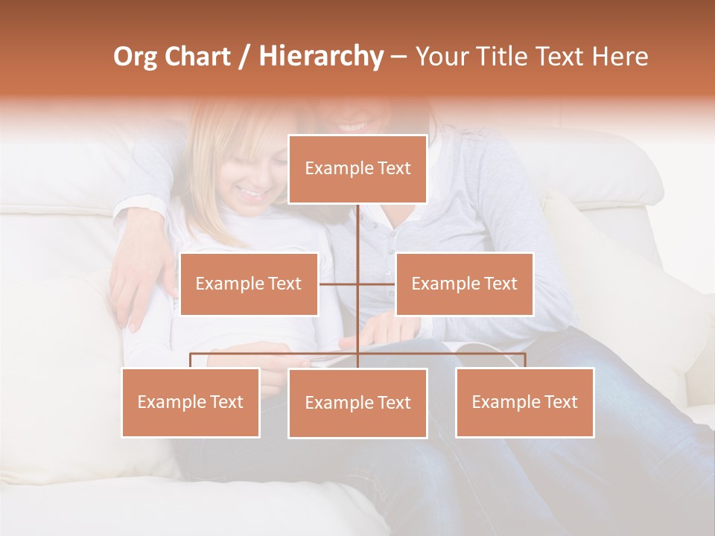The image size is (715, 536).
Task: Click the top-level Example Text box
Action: [x=357, y=169]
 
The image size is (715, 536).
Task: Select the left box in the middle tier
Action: [x=249, y=284]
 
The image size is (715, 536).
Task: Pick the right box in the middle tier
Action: [x=464, y=284]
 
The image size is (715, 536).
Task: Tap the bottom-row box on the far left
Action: [x=191, y=402]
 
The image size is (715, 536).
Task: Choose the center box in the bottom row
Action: [x=357, y=403]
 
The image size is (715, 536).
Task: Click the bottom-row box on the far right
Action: [x=524, y=402]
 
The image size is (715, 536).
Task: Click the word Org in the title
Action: [x=135, y=57]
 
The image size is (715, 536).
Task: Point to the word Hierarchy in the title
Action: [x=321, y=57]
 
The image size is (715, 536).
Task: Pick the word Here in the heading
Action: [x=620, y=57]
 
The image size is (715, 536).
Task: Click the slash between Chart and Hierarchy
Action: [x=244, y=57]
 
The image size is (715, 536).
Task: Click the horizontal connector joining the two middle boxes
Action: [x=357, y=284]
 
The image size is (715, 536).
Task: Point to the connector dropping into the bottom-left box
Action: [x=191, y=360]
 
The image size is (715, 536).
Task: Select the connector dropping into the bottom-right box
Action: [x=524, y=360]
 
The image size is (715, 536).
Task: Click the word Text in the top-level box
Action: [x=393, y=169]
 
